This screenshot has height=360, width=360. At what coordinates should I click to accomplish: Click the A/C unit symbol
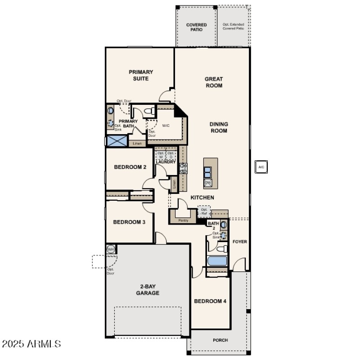point(261,167)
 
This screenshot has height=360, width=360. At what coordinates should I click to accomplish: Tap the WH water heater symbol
point(111,249)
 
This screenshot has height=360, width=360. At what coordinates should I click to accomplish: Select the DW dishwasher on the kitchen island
point(208,183)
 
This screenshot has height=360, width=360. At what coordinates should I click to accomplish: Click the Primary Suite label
point(141,75)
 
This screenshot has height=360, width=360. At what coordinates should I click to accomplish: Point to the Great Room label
point(214,82)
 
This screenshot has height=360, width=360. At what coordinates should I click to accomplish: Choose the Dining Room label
point(218,127)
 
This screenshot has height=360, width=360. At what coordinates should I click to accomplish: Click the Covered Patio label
point(197,27)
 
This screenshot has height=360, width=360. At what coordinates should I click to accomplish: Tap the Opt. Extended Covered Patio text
point(234,26)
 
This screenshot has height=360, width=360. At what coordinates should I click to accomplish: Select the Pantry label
point(183,220)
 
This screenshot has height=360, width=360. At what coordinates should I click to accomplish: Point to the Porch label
point(220,340)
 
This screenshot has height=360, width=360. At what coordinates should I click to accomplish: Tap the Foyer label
point(239,242)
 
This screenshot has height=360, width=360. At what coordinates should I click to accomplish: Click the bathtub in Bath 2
point(217,261)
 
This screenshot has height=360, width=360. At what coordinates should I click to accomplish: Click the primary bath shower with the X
point(117,140)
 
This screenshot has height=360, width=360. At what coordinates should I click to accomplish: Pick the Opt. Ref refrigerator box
point(204,211)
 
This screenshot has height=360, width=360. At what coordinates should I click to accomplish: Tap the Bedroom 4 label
point(210,301)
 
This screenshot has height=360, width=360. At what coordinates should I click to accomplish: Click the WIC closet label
point(165,126)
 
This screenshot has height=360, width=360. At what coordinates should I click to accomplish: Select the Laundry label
point(166,162)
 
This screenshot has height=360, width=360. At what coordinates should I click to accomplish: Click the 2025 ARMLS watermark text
point(31,344)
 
